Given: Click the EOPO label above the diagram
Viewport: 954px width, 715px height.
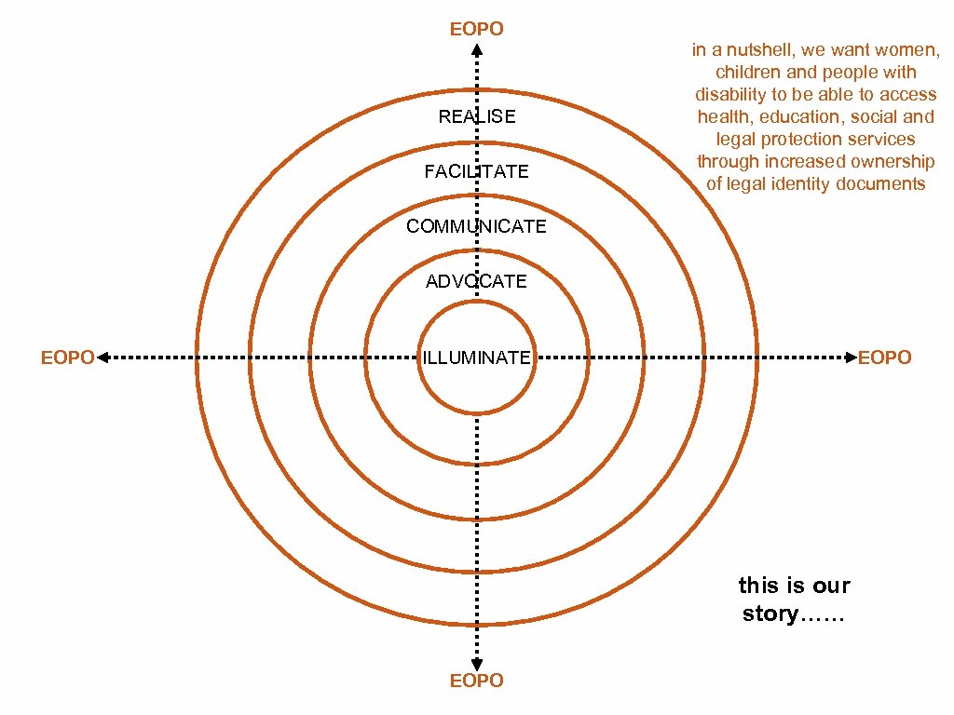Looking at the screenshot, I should pyautogui.click(x=476, y=29).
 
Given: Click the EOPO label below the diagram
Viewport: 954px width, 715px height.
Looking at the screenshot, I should pyautogui.click(x=476, y=681).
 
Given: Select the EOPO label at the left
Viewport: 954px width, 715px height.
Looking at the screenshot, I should pyautogui.click(x=67, y=357).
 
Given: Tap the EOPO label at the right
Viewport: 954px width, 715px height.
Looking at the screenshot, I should pyautogui.click(x=884, y=357).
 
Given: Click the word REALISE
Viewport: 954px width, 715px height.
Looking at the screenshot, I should pyautogui.click(x=476, y=117).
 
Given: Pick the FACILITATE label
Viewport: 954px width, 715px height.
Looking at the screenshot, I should pyautogui.click(x=476, y=172).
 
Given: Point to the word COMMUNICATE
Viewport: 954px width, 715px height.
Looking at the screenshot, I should pyautogui.click(x=476, y=227).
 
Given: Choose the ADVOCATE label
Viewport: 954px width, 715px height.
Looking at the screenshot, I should pyautogui.click(x=476, y=282).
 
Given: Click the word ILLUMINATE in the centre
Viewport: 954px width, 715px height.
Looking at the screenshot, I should pyautogui.click(x=476, y=357).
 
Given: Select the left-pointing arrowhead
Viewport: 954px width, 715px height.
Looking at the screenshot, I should pyautogui.click(x=103, y=357).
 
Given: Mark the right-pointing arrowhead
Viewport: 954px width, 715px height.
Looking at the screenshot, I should pyautogui.click(x=849, y=357).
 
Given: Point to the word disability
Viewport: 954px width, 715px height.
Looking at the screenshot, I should pyautogui.click(x=729, y=95).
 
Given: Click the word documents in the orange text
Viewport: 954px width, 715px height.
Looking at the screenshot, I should pyautogui.click(x=881, y=184).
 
